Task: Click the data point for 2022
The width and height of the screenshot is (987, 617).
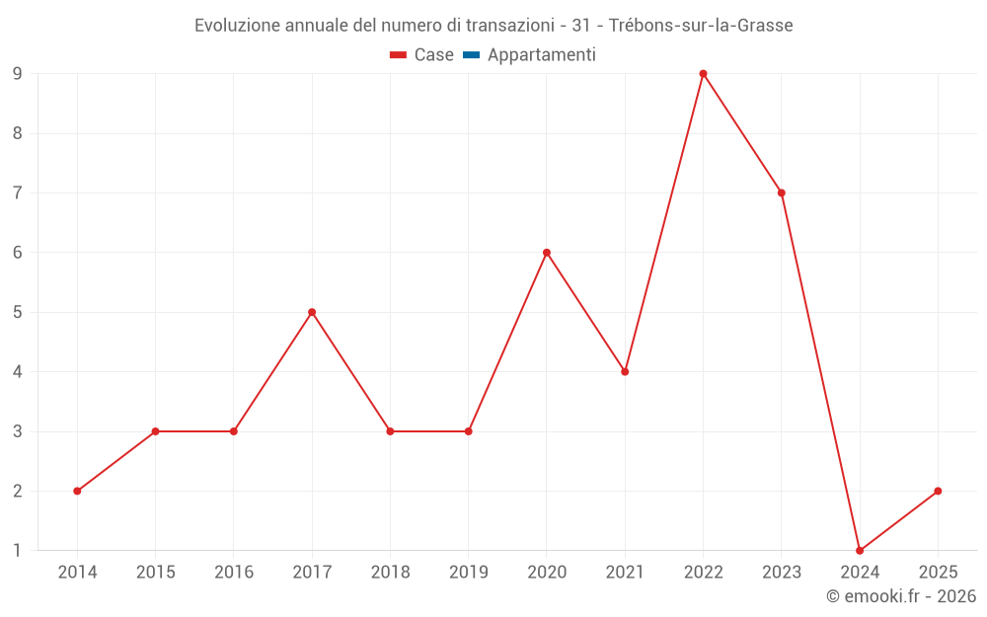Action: pyautogui.click(x=703, y=73)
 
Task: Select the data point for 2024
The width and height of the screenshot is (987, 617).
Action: pyautogui.click(x=860, y=551)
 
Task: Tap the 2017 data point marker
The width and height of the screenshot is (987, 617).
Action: pyautogui.click(x=312, y=312)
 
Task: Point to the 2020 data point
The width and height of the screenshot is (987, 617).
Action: pyautogui.click(x=547, y=253)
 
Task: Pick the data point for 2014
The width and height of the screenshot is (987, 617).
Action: pyautogui.click(x=77, y=491)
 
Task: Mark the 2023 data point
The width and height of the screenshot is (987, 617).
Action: pyautogui.click(x=782, y=193)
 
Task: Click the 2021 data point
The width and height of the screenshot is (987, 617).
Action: pyautogui.click(x=625, y=372)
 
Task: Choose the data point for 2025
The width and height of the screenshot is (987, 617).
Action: pyautogui.click(x=938, y=491)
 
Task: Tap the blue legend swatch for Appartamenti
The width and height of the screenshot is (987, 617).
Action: pyautogui.click(x=471, y=55)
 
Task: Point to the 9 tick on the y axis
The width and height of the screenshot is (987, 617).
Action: pyautogui.click(x=18, y=73)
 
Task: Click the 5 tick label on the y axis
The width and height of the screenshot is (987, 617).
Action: pyautogui.click(x=18, y=312)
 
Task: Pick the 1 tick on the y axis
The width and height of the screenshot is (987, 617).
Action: pyautogui.click(x=18, y=551)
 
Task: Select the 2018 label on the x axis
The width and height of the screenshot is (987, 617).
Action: pyautogui.click(x=390, y=572)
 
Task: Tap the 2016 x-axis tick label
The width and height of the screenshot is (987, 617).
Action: pyautogui.click(x=234, y=572)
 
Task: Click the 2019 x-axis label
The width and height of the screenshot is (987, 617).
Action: pyautogui.click(x=468, y=572)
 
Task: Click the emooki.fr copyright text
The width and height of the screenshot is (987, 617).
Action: pyautogui.click(x=901, y=596)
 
